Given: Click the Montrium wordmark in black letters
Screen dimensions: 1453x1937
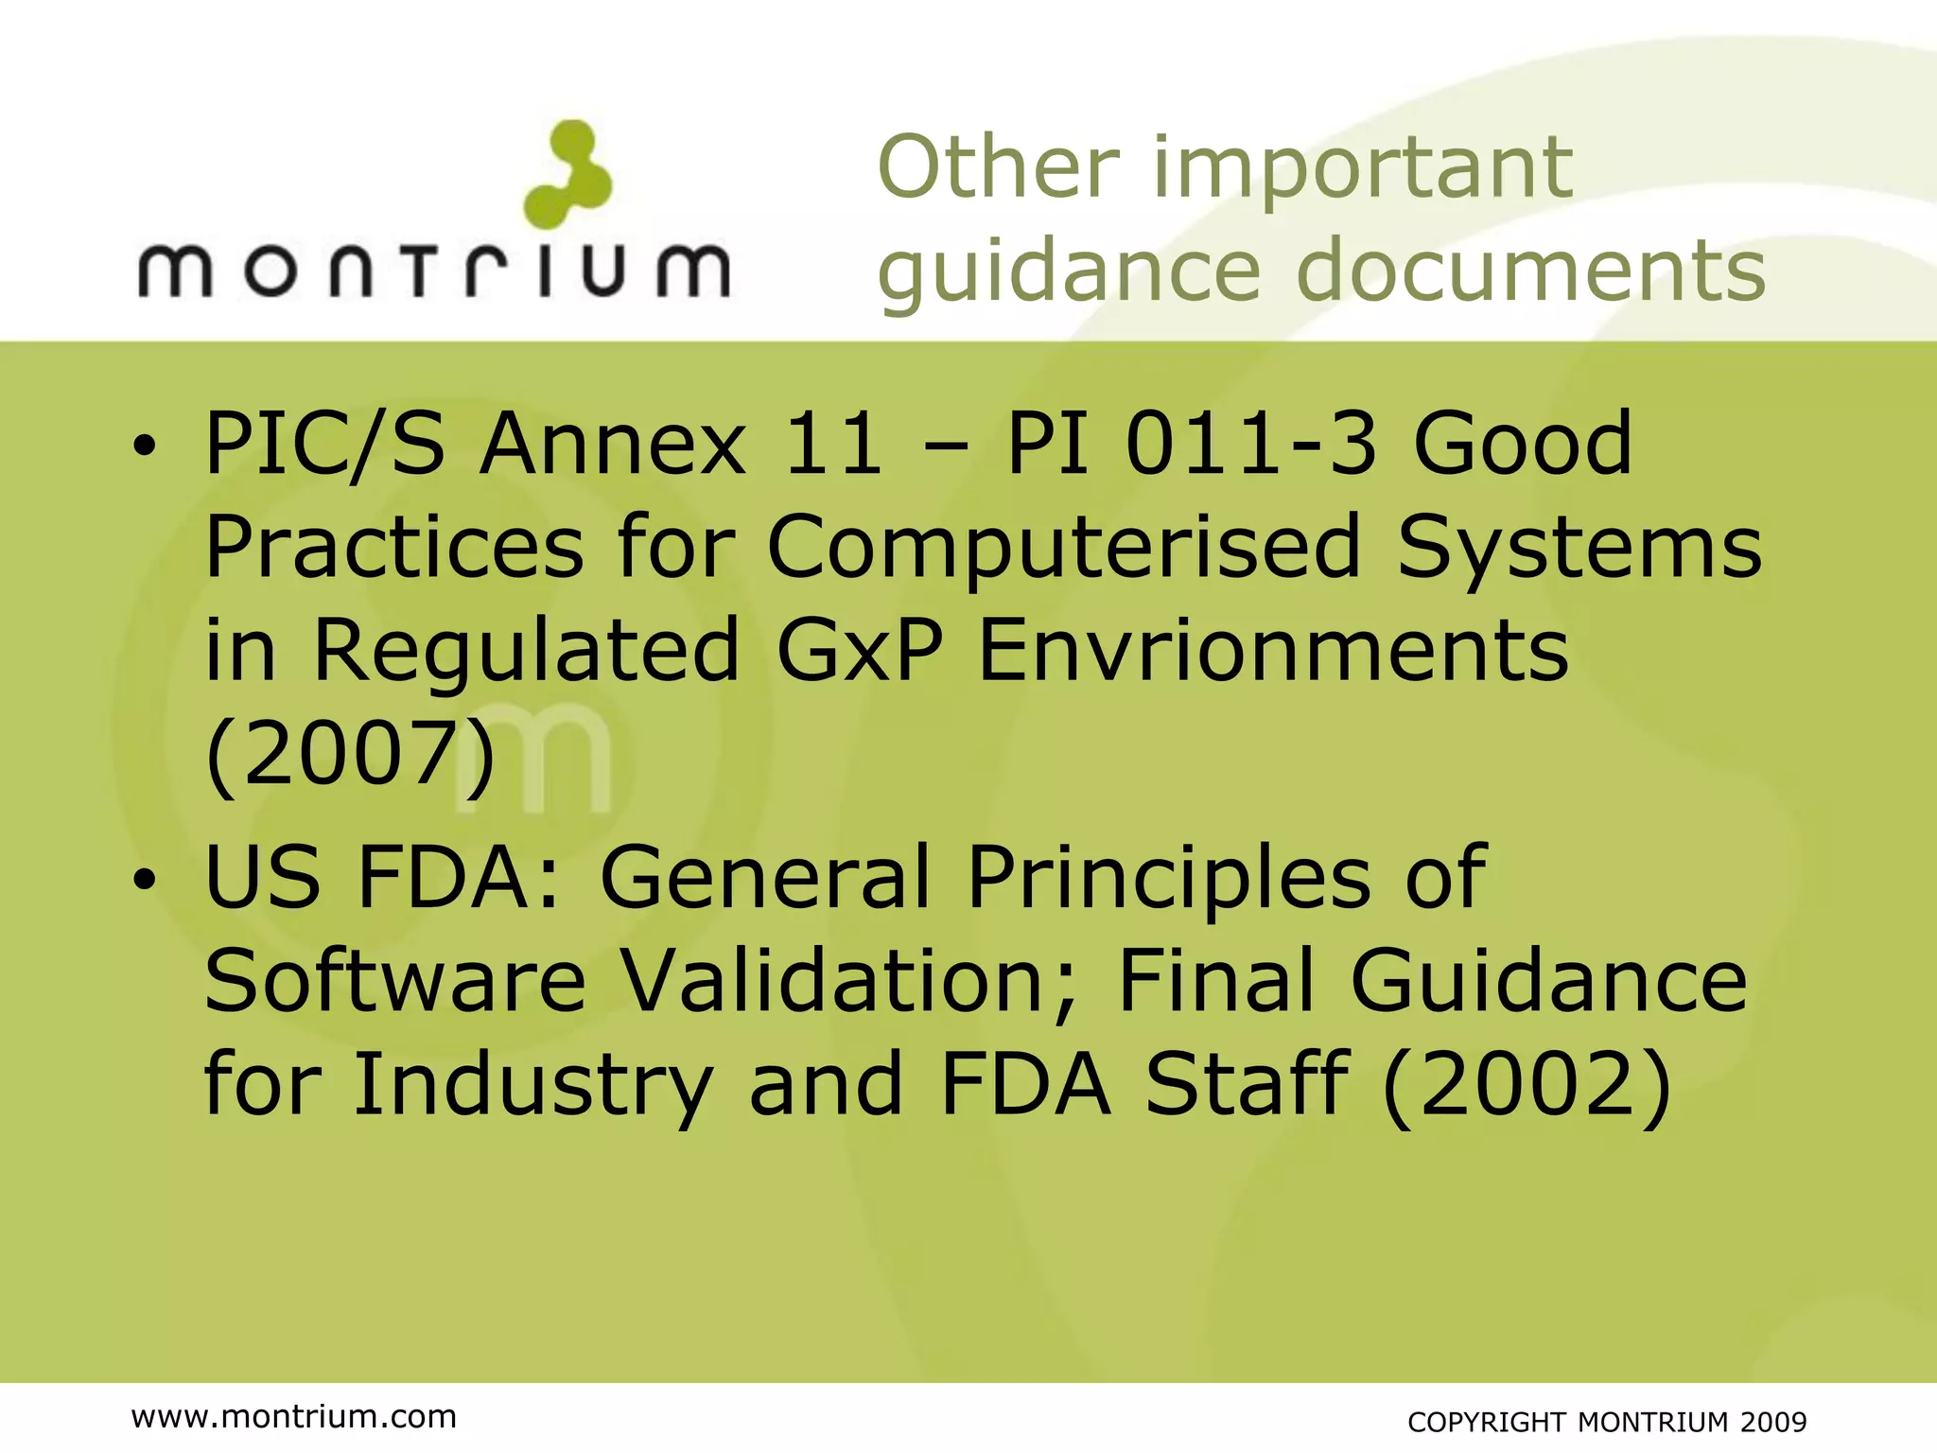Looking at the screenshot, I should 434,271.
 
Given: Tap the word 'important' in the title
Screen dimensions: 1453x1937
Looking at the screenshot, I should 1363,169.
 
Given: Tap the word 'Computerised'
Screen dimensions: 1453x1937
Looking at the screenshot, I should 1064,549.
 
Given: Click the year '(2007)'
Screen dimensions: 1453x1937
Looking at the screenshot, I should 350,755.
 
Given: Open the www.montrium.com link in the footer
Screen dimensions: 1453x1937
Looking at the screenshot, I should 294,1416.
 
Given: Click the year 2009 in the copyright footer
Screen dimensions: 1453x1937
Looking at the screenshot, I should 1774,1422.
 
